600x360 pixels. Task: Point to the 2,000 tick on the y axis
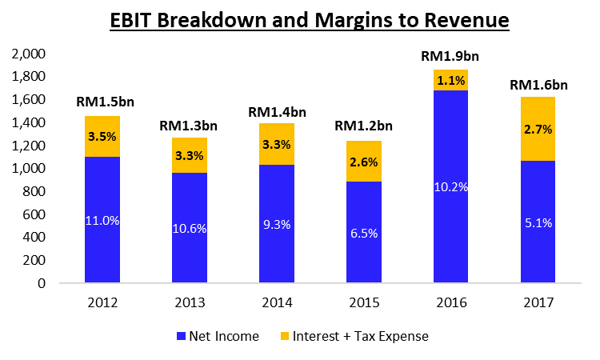coord(29,54)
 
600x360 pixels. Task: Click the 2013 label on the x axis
coord(188,305)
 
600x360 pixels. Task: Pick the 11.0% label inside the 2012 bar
coord(102,220)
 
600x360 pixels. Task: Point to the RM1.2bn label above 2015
coord(363,126)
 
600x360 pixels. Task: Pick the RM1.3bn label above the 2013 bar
coord(188,125)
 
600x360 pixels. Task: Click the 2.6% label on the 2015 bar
coord(363,162)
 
